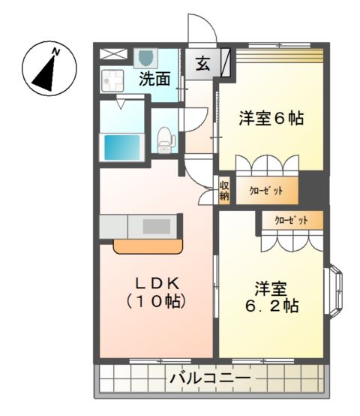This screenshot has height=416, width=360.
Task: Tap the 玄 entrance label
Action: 203,64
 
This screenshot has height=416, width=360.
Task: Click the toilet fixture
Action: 166,137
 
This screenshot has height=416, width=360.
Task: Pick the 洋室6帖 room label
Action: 271,119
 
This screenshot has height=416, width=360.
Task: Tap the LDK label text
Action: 155,283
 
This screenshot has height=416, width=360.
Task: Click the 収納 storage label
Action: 224,190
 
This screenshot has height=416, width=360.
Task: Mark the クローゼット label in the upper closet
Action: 266,191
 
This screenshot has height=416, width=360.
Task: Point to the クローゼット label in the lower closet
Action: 291,220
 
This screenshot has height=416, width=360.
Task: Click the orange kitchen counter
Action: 148,247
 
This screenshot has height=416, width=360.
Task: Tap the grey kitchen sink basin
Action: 157,225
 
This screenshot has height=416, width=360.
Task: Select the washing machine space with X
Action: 114,53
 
